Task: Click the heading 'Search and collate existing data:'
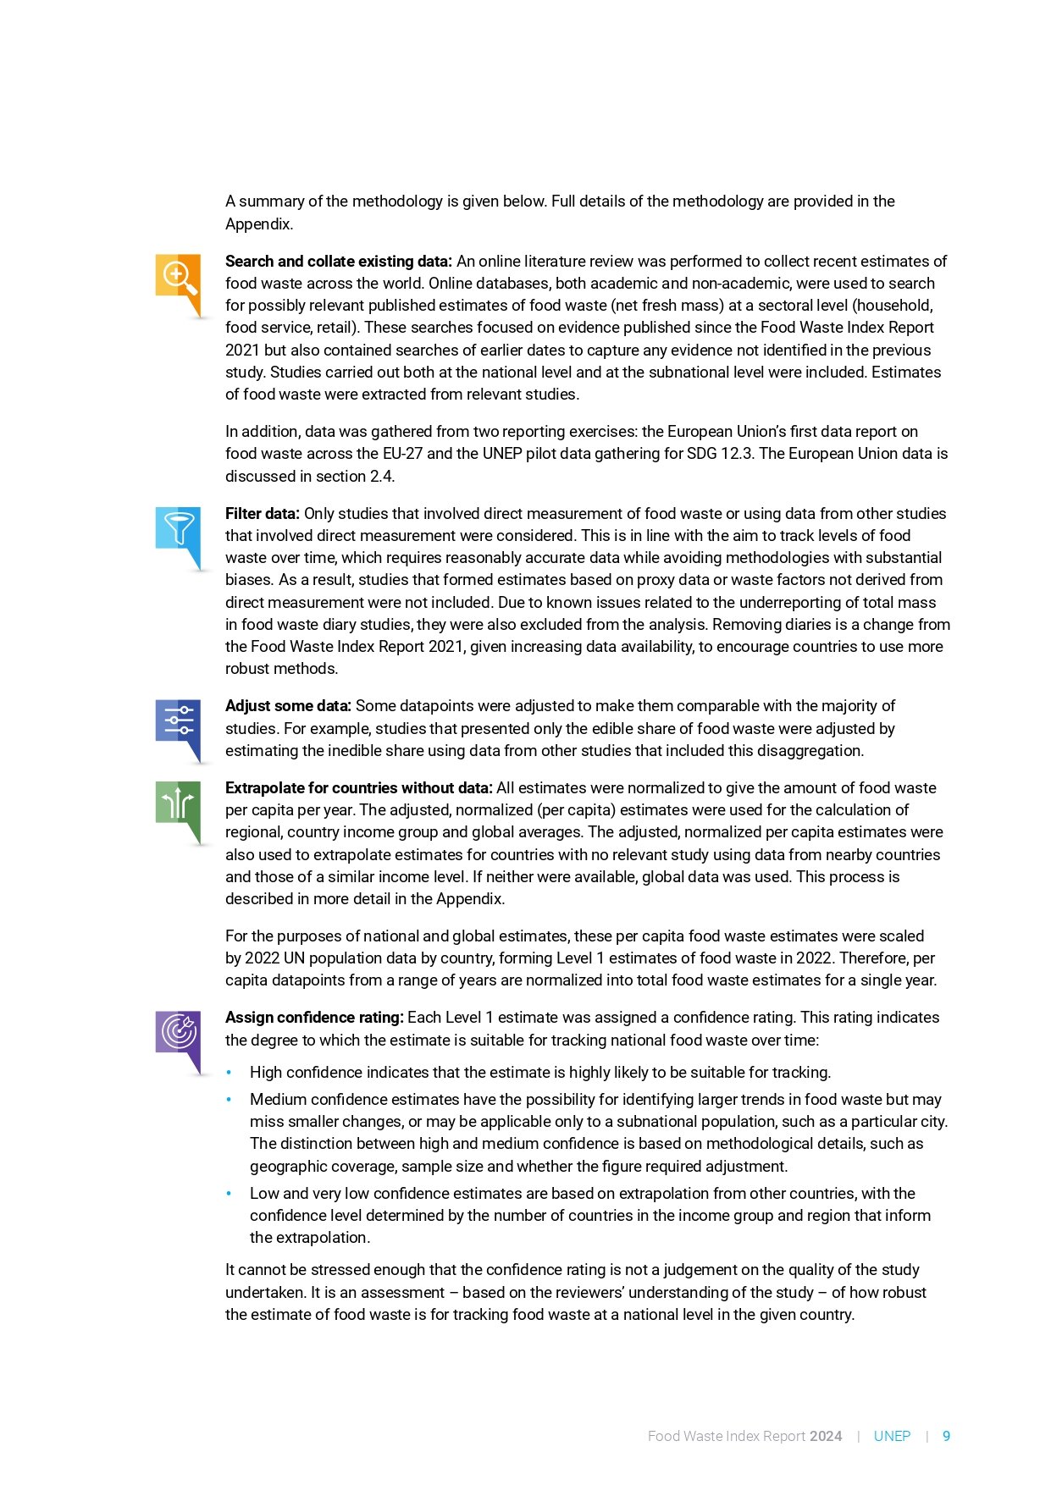(x=338, y=262)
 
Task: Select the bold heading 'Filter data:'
(x=262, y=514)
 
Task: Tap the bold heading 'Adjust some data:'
(x=288, y=706)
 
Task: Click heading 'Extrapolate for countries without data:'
(x=358, y=788)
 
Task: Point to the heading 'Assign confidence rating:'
(x=314, y=1018)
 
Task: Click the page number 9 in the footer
(x=946, y=1436)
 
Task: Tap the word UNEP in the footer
(x=892, y=1436)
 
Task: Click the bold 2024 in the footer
(x=826, y=1436)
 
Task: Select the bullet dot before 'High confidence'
(x=229, y=1073)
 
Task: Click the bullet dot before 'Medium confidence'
(x=229, y=1100)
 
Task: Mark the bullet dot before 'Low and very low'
(x=229, y=1194)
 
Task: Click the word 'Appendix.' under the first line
(x=259, y=224)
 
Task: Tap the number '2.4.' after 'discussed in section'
(x=383, y=476)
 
